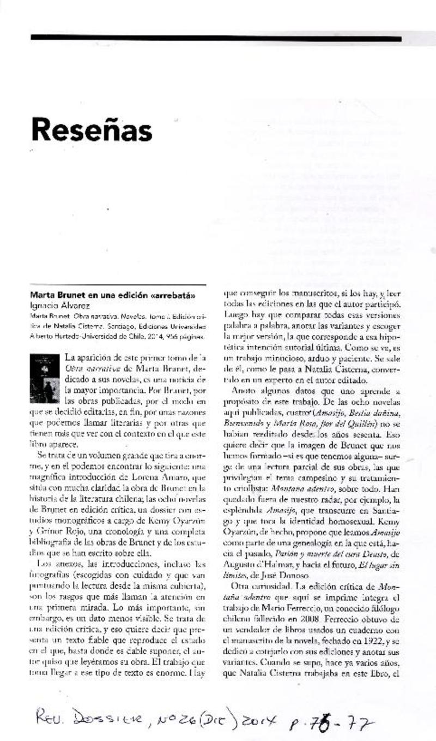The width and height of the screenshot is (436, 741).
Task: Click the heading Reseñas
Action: click(91, 130)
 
